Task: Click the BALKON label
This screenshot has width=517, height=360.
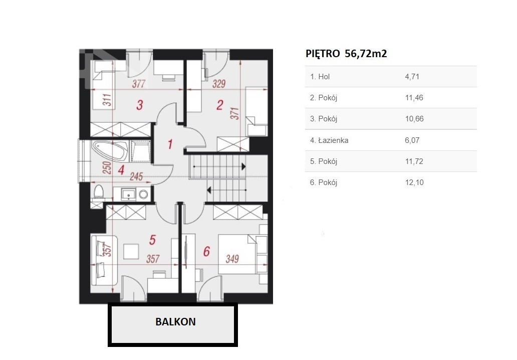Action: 175,322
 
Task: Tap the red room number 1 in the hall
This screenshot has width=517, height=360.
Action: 170,144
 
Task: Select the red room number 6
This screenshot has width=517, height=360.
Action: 206,251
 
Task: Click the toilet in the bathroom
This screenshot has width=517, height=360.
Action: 99,193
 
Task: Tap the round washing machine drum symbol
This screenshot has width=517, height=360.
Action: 143,195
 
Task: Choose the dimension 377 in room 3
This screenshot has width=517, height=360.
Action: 138,84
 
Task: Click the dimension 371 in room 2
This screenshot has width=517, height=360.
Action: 235,113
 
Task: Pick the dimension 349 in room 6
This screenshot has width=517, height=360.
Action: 232,259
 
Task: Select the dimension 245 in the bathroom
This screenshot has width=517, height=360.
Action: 136,176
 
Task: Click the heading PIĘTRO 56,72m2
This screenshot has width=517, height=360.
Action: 346,54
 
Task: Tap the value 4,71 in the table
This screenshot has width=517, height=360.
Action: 412,77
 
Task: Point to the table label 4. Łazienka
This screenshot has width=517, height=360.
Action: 329,140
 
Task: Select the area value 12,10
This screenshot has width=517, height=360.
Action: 414,183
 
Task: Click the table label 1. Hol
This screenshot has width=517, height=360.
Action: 320,77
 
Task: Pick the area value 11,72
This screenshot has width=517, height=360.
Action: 414,161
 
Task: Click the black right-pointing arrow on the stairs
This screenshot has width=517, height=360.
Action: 243,166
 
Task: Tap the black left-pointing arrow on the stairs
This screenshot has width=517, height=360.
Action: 209,190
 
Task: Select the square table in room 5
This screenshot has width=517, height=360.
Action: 131,251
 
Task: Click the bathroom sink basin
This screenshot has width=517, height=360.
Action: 128,194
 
